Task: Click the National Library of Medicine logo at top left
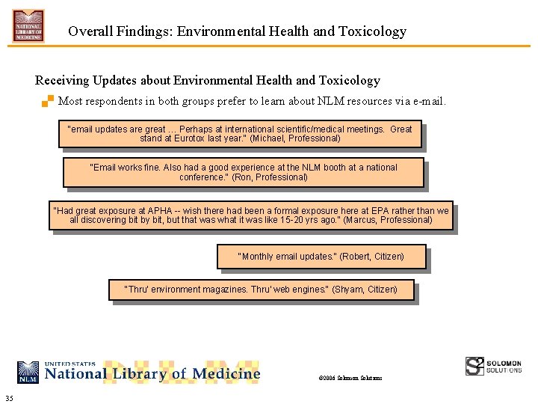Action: point(28,25)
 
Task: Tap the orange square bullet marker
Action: point(48,101)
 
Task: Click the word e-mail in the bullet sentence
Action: point(428,101)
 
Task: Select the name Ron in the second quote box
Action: point(244,177)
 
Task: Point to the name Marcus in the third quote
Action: point(362,220)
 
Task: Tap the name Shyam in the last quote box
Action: point(348,289)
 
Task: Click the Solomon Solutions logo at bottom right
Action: point(494,366)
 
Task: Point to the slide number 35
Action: point(8,397)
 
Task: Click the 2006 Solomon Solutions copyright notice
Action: point(350,378)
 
